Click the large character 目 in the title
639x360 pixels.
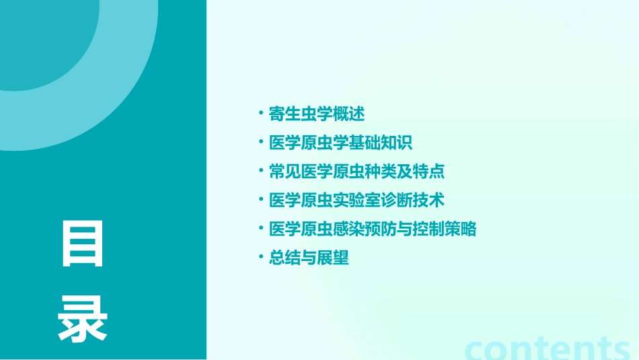(83, 243)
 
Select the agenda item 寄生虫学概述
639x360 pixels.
(316, 114)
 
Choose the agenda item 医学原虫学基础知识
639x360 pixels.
(340, 143)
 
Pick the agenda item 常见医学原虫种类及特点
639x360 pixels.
(356, 172)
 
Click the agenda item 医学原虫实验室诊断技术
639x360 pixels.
(356, 201)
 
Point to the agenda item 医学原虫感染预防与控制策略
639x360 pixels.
(372, 229)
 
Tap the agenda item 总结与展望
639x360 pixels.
(309, 258)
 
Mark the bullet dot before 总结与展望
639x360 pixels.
(260, 257)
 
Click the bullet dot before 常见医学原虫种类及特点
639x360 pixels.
(260, 171)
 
